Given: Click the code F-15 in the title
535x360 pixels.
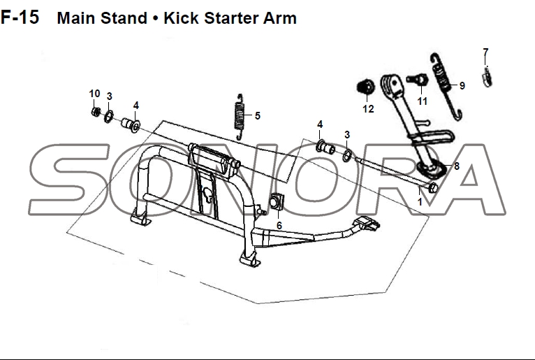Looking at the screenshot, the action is point(20,17).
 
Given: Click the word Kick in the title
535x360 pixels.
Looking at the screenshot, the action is point(181,18).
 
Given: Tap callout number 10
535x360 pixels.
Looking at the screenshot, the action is point(94,94).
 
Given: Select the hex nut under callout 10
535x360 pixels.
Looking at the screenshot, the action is point(96,112).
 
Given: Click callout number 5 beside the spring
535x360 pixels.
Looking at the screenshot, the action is point(258,116).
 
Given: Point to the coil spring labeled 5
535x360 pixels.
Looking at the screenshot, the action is point(240,117).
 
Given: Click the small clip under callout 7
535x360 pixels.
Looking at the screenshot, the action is point(488,78).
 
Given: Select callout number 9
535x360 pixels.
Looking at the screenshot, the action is point(462,86).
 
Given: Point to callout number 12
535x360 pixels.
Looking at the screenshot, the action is point(368,109).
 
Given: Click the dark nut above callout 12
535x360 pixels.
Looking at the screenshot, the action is point(365,87).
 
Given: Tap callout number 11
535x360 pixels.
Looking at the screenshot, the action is point(422,101).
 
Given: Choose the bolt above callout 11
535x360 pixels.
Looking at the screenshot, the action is point(417,80).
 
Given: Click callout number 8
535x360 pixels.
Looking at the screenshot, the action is point(457,166).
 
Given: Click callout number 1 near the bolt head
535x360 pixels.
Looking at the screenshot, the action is point(420,202).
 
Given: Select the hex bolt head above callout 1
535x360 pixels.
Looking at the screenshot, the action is point(432,187).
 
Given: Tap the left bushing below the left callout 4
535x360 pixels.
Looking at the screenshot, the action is point(131,124).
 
